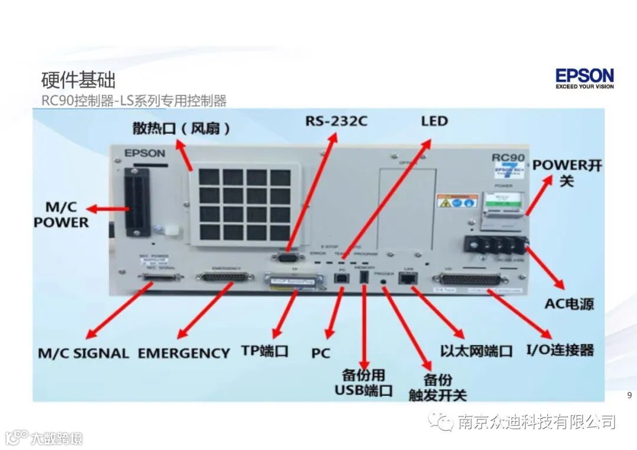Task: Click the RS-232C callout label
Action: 336,121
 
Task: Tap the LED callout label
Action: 434,121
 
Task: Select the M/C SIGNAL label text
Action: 83,353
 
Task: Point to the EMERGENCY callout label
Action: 183,353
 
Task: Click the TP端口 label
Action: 265,350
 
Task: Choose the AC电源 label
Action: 569,304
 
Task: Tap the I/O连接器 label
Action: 560,350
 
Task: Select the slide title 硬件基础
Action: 78,80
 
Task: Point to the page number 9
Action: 629,395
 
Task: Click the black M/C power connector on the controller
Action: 136,203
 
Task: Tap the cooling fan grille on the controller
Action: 243,204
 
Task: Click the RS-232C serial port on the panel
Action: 285,255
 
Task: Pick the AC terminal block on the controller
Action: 494,244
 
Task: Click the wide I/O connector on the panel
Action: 469,279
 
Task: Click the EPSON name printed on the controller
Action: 145,153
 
